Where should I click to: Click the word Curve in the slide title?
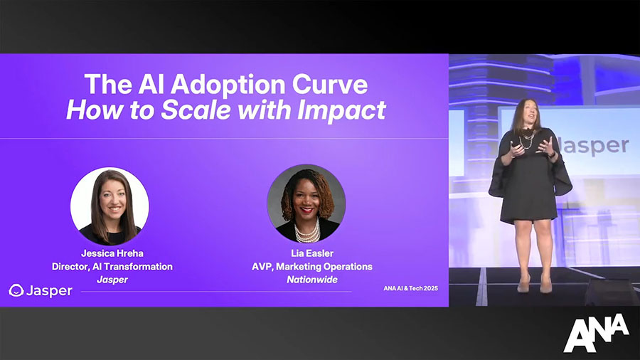coord(330,85)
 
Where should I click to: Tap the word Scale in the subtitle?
coord(196,110)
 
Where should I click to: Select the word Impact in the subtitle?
coord(341,110)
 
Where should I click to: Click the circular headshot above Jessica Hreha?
coord(110,206)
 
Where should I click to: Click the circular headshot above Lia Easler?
coord(306,203)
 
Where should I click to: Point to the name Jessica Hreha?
coord(112,253)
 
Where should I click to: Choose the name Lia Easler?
coord(312,253)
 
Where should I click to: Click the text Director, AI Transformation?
coord(112,267)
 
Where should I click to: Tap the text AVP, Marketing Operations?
coord(312,267)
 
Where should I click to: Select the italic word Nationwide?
coord(312,280)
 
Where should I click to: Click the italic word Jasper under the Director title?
coord(112,280)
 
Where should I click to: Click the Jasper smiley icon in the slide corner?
coord(16,290)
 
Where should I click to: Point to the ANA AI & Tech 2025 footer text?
coord(410,288)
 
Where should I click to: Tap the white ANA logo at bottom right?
coord(596,333)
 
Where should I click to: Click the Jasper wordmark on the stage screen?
coord(594,146)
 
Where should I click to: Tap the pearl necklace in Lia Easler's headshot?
coord(307,233)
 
